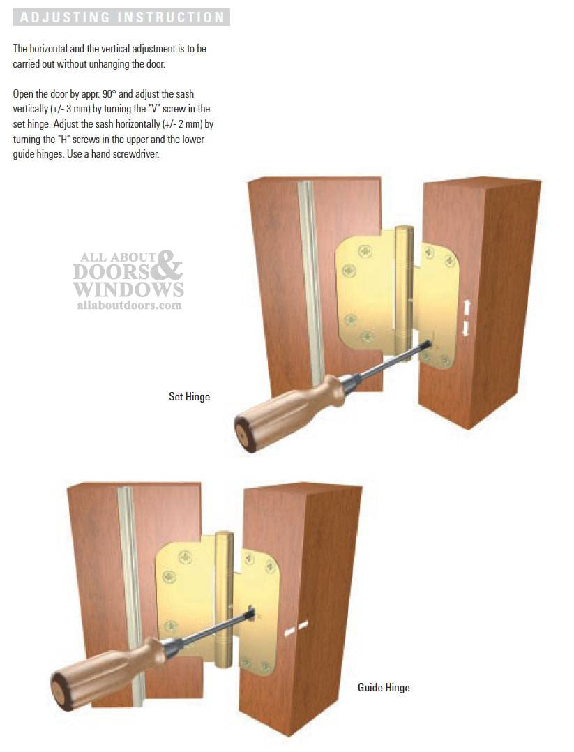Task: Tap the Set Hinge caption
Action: point(189,397)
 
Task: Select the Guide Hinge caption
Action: point(384,688)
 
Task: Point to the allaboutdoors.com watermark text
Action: point(129,305)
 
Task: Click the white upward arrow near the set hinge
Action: point(466,307)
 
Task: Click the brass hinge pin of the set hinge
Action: point(403,286)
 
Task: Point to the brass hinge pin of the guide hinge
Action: point(223,593)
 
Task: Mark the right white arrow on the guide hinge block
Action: point(303,625)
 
